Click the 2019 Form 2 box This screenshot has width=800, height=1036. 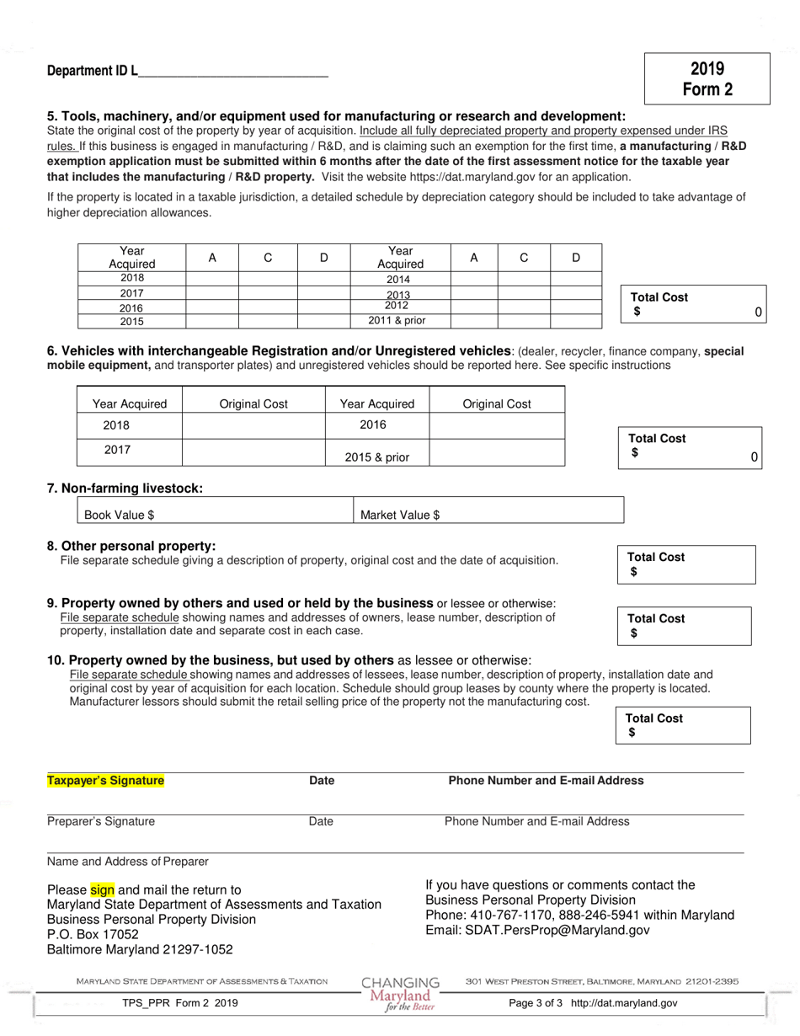pos(707,79)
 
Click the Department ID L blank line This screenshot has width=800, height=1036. pos(232,72)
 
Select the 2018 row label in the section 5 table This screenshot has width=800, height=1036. pos(131,278)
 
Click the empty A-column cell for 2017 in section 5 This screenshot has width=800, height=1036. pos(212,292)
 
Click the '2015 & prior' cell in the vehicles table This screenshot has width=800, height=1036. pos(376,457)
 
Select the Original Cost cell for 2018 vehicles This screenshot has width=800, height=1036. pos(253,425)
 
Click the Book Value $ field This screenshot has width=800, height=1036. pos(216,514)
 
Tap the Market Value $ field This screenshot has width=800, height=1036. pos(488,514)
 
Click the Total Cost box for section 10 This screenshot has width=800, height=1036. pos(685,725)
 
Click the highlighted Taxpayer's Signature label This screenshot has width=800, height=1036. pos(105,781)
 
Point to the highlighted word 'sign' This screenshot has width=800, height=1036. pos(101,889)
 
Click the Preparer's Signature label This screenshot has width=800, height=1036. pos(101,821)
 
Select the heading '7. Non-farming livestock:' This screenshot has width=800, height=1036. pos(125,489)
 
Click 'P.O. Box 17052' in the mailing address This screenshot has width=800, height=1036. pos(93,934)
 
